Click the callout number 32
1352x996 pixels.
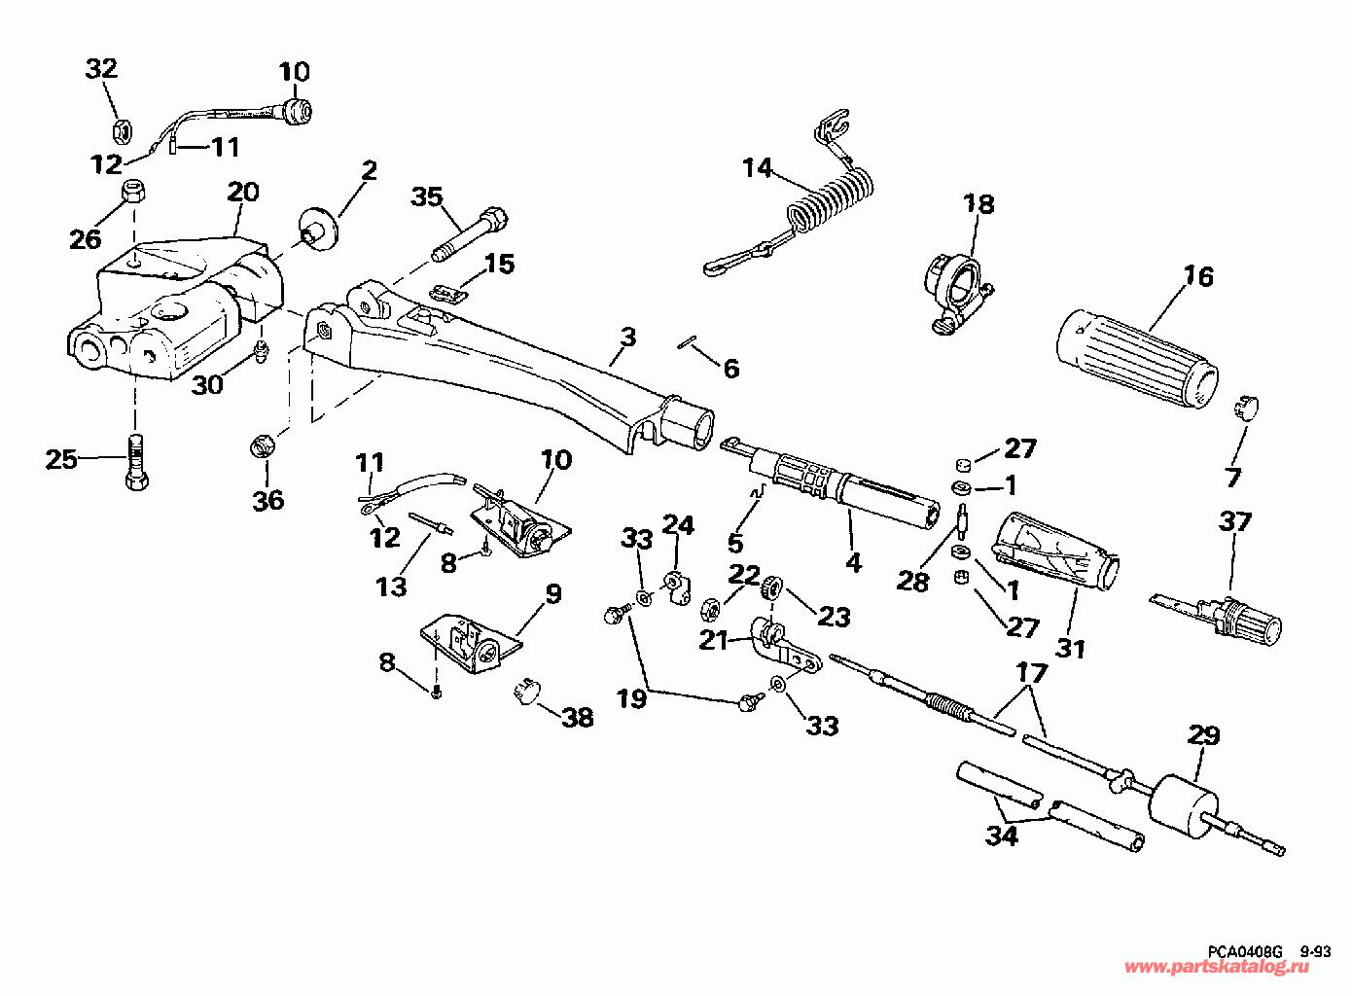pyautogui.click(x=101, y=69)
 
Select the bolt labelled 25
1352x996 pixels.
pyautogui.click(x=137, y=462)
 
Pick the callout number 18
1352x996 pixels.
pyautogui.click(x=978, y=204)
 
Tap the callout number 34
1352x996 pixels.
pyautogui.click(x=1001, y=836)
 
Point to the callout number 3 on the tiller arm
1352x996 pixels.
pyautogui.click(x=628, y=337)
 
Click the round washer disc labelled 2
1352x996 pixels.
pyautogui.click(x=319, y=229)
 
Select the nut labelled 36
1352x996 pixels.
pyautogui.click(x=263, y=447)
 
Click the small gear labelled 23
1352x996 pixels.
pyautogui.click(x=772, y=587)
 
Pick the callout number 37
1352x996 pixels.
pyautogui.click(x=1235, y=521)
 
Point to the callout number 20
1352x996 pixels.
pyautogui.click(x=243, y=192)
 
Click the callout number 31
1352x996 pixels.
pyautogui.click(x=1071, y=650)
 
